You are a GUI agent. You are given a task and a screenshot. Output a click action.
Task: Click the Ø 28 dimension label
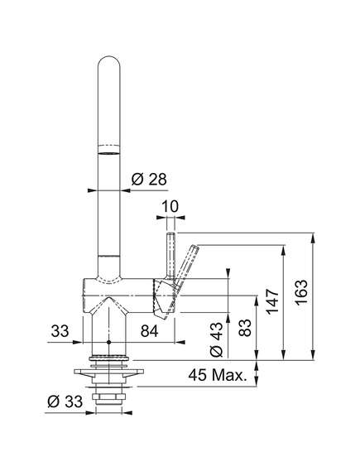(x=149, y=180)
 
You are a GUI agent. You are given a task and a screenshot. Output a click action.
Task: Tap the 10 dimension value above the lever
(x=170, y=206)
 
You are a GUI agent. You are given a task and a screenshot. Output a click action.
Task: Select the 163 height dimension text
(x=301, y=292)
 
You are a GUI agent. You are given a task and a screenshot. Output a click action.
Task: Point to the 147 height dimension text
(x=273, y=302)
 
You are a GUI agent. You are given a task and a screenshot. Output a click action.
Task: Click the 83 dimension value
(x=245, y=328)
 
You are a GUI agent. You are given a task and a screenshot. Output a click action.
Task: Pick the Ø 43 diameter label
(x=217, y=339)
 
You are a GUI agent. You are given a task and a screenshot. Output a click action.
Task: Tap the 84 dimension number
(x=149, y=331)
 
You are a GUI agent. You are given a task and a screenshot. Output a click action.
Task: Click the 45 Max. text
(x=217, y=375)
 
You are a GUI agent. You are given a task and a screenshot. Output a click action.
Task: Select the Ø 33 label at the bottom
(x=65, y=401)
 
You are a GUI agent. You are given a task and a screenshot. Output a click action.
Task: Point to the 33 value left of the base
(x=60, y=331)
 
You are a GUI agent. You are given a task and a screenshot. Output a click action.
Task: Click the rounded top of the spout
(x=109, y=60)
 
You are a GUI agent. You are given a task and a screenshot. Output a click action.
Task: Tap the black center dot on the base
(x=108, y=342)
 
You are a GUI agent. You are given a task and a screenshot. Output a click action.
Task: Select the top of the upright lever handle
(x=171, y=233)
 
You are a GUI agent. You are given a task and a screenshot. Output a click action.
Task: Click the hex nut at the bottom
(x=108, y=397)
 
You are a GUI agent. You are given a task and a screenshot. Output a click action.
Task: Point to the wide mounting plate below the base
(x=108, y=372)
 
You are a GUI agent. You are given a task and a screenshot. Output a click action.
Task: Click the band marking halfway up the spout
(x=109, y=150)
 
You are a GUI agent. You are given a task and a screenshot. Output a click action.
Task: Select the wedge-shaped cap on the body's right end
(x=164, y=297)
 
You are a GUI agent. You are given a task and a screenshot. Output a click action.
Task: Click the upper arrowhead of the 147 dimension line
(x=283, y=252)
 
